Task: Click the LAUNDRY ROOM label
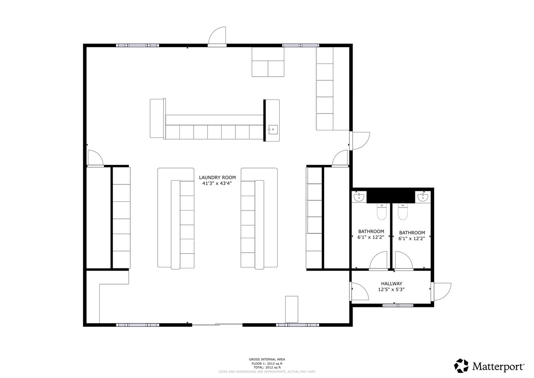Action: coord(217,178)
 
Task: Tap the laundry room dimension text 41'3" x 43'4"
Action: coord(217,184)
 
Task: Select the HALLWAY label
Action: coord(392,284)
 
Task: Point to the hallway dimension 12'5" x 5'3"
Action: coord(391,290)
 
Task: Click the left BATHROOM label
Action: coord(371,231)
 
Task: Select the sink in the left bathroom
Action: coord(359,196)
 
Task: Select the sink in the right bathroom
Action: coord(423,196)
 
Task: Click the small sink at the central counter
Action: coord(273,129)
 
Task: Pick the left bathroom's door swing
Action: coord(378,261)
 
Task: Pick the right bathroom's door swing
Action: coord(404,261)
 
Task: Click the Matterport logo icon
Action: coord(461,366)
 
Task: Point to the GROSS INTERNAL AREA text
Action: coord(263,359)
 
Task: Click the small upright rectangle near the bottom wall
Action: coord(292,309)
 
